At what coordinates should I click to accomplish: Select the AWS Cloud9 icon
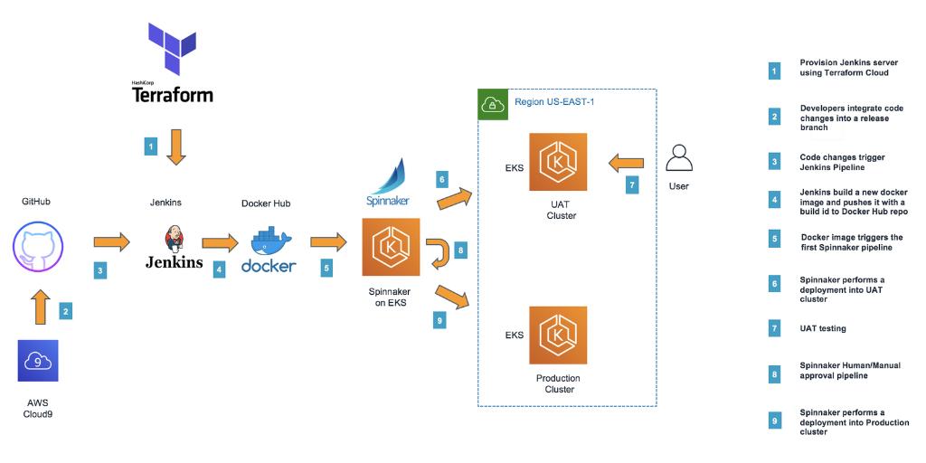[38, 361]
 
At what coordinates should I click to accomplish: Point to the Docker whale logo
[268, 241]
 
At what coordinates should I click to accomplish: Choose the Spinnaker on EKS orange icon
[391, 247]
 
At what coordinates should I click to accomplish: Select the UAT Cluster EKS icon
[558, 162]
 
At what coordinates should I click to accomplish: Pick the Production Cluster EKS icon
[558, 335]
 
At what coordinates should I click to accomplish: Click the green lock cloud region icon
[492, 103]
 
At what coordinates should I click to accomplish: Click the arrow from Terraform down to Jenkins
[175, 146]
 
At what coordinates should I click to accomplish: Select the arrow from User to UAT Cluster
[625, 164]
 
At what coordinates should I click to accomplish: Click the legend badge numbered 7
[774, 328]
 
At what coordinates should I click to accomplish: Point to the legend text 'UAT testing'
[824, 328]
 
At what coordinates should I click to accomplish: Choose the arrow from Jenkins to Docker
[220, 242]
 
